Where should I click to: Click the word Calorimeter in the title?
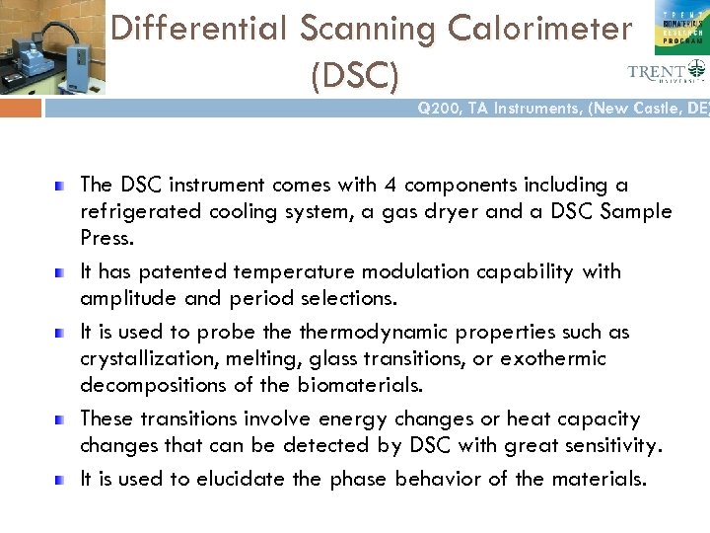point(539,30)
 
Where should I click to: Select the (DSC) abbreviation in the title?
point(355,74)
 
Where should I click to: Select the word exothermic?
point(553,358)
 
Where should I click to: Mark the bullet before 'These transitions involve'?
point(61,419)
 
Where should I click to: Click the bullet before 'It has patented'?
point(61,271)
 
